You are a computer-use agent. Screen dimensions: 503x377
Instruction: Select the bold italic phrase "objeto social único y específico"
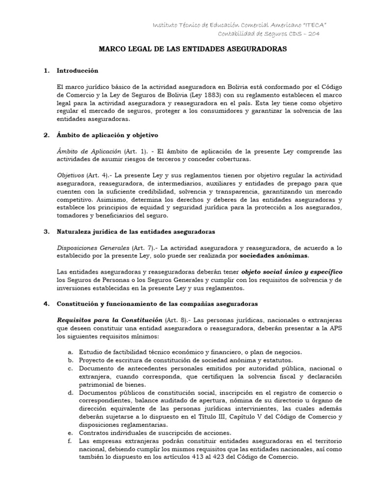(x=292, y=272)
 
